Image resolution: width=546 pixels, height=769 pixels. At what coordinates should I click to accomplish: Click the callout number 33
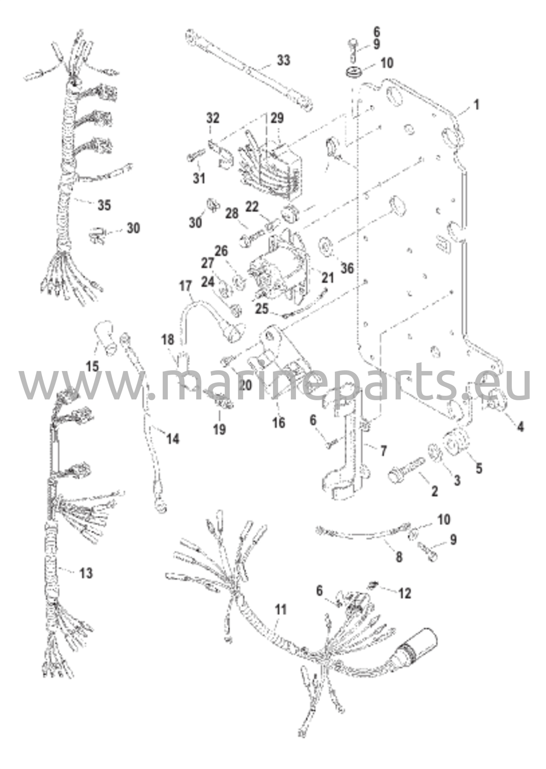(284, 60)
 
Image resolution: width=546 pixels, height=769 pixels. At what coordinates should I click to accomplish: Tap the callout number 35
(104, 205)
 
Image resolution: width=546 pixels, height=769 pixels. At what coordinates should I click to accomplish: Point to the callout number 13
(86, 573)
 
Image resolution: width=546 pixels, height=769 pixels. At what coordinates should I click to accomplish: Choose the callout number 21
(327, 277)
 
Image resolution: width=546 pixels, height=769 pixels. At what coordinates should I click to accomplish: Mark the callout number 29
(277, 118)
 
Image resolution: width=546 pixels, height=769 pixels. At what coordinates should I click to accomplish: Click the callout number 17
(185, 286)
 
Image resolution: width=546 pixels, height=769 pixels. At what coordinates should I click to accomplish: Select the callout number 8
(399, 557)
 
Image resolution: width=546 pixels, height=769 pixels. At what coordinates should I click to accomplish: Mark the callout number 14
(173, 438)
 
